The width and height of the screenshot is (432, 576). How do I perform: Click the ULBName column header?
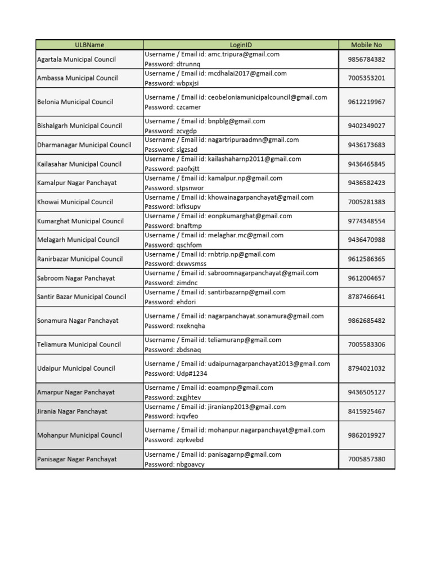(x=89, y=44)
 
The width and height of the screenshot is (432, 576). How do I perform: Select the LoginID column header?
(x=241, y=44)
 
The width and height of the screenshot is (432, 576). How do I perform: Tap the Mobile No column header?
(x=366, y=44)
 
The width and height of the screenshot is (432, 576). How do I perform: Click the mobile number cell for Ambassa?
(x=366, y=78)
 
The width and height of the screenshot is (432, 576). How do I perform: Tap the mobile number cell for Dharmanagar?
(x=366, y=145)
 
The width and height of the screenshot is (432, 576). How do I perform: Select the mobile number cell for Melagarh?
(x=366, y=240)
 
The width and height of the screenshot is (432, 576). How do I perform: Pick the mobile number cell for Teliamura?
(x=366, y=344)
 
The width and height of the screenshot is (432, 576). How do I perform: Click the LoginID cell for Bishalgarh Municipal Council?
(x=241, y=125)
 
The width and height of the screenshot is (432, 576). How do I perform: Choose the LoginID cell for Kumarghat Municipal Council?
(x=241, y=221)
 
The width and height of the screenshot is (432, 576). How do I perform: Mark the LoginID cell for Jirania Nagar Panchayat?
(x=241, y=411)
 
